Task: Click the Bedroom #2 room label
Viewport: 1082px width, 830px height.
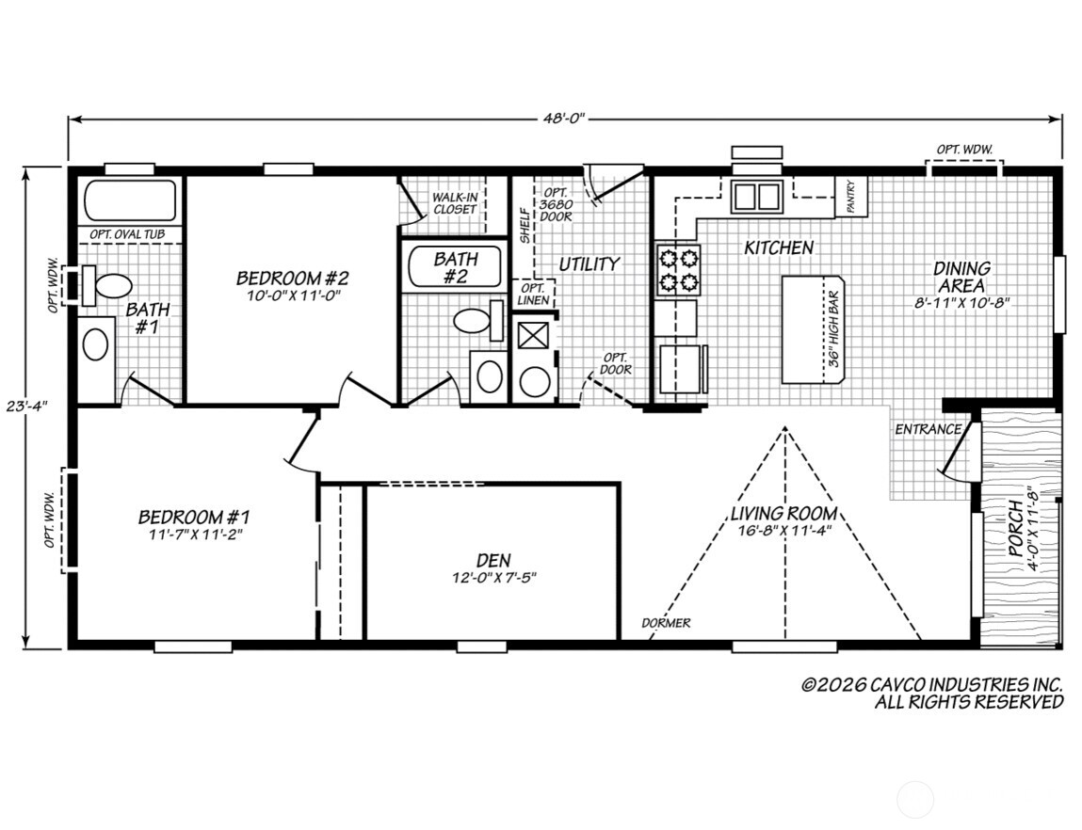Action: coord(293,278)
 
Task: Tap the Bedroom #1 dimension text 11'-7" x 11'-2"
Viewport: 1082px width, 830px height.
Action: coord(196,535)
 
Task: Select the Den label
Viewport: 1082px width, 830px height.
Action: coord(493,560)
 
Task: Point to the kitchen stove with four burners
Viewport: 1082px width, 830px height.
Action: coord(677,270)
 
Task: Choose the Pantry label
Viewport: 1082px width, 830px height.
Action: coord(851,198)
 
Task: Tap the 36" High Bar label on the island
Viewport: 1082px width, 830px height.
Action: coord(832,328)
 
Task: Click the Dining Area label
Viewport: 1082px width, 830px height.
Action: coord(961,277)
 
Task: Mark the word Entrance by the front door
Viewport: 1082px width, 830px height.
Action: coord(929,429)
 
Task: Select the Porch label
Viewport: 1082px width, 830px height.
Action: coord(1015,529)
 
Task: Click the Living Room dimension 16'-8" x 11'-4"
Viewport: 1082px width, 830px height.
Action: coord(783,530)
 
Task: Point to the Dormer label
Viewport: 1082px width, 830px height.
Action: coord(666,623)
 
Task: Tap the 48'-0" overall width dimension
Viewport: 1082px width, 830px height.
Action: coord(564,119)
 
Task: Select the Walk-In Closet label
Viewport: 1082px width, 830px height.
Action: coord(455,203)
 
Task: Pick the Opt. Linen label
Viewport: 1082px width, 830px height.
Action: coord(533,295)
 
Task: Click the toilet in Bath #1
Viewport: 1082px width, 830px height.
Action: coord(107,285)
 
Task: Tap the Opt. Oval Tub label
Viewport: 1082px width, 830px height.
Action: coord(128,234)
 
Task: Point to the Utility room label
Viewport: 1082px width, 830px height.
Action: coord(589,264)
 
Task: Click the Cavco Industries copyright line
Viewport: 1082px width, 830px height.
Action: coord(931,684)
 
